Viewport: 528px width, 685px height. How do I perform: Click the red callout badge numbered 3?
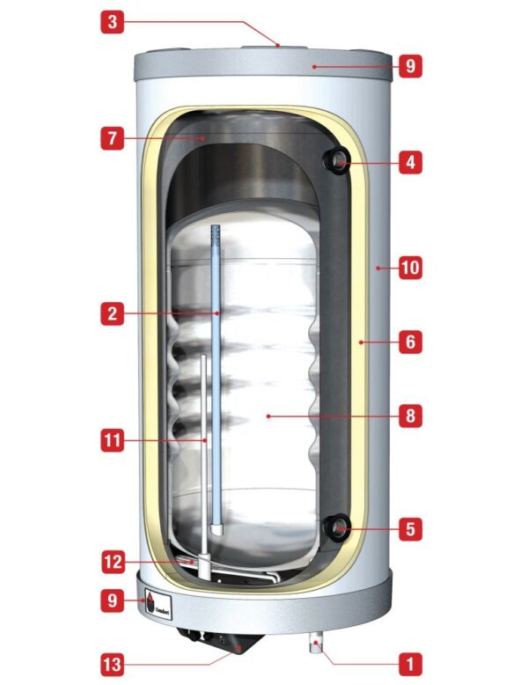pyautogui.click(x=112, y=22)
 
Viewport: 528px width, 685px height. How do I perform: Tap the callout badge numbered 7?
pyautogui.click(x=112, y=139)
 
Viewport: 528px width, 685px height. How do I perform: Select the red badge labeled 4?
pyautogui.click(x=410, y=162)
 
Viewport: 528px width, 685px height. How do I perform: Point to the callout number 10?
pyautogui.click(x=410, y=267)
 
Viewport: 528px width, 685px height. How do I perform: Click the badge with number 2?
pyautogui.click(x=112, y=313)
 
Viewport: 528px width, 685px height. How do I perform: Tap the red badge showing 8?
pyautogui.click(x=410, y=415)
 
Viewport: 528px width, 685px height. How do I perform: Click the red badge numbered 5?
pyautogui.click(x=410, y=530)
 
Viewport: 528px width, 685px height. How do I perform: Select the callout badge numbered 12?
pyautogui.click(x=112, y=561)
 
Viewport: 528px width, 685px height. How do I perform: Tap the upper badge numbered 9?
pyautogui.click(x=410, y=64)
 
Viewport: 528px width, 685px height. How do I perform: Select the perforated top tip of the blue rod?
pyautogui.click(x=216, y=234)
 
